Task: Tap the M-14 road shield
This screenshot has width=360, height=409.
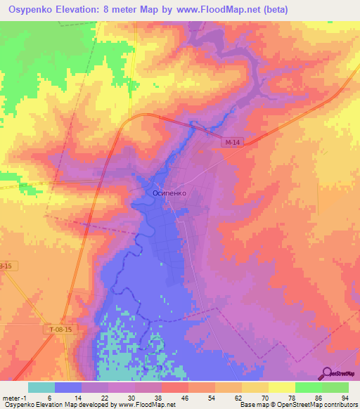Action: coord(233,143)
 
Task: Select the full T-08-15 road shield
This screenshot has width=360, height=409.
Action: coord(61,330)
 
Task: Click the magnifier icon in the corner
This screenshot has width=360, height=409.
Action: coord(328,373)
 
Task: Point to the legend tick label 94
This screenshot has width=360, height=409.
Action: coord(344,398)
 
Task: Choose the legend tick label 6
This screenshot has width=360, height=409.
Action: coord(49,398)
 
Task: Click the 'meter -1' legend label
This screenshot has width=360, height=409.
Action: coord(16,398)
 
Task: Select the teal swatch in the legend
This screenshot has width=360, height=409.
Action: coord(41,387)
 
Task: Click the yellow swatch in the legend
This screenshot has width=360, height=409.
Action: coord(281,387)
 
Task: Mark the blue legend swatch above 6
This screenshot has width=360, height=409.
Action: coord(68,387)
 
